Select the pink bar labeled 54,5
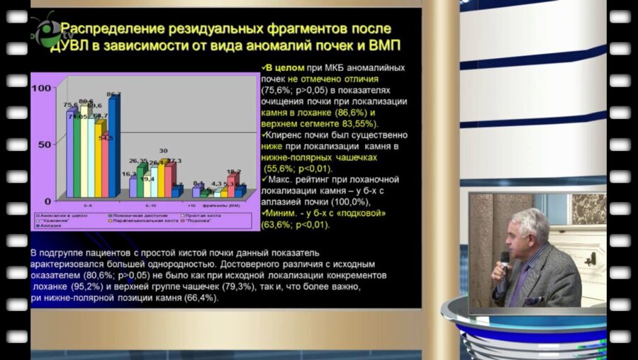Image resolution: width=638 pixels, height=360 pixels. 105,167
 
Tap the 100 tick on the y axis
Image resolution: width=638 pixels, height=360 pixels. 43,87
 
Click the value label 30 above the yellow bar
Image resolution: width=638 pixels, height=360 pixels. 163,151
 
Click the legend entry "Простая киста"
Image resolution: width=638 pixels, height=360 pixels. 204,215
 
